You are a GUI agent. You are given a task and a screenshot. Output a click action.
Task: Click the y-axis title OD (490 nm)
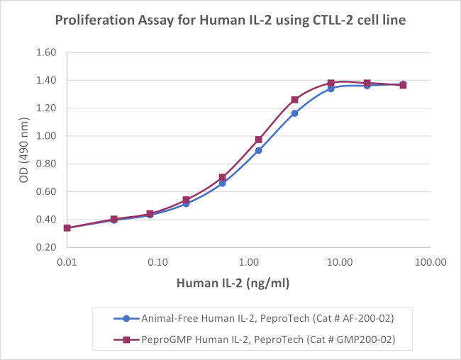click(26, 150)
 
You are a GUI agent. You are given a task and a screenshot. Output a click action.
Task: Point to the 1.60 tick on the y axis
click(46, 52)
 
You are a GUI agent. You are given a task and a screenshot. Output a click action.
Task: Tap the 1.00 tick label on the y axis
click(46, 136)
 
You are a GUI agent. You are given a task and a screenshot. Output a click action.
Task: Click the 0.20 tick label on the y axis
click(46, 247)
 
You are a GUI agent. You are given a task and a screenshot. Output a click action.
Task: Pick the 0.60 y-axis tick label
click(46, 192)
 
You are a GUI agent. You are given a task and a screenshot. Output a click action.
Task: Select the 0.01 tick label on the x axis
click(67, 261)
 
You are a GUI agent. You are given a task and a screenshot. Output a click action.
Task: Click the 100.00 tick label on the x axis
click(431, 261)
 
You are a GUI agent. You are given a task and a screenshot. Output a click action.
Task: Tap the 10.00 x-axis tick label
click(340, 261)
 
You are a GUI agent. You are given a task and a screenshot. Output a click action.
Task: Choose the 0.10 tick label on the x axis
click(157, 261)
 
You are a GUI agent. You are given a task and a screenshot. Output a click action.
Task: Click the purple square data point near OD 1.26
click(294, 100)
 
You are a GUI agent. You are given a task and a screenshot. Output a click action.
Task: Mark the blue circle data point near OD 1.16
click(294, 113)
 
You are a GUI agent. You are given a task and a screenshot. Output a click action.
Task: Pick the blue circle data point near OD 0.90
click(258, 150)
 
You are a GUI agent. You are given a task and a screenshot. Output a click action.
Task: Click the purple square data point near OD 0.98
click(258, 140)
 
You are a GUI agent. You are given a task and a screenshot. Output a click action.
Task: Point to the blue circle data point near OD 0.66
click(222, 183)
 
